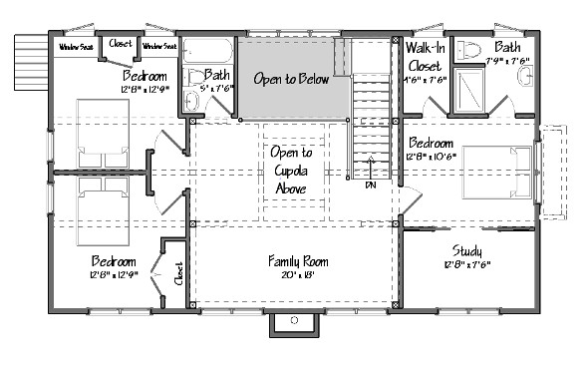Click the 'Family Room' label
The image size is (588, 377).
[x=298, y=261]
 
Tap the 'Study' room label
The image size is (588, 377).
[x=466, y=250]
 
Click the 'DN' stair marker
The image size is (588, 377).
[x=371, y=185]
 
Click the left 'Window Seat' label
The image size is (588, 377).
[x=75, y=46]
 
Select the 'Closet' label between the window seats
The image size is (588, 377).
[x=120, y=43]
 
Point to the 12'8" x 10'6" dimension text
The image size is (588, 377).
[x=432, y=155]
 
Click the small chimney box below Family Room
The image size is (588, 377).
[x=294, y=319]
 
